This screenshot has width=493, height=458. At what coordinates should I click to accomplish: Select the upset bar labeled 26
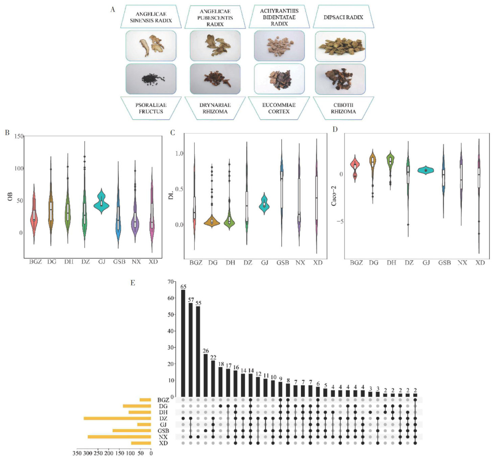[206, 375]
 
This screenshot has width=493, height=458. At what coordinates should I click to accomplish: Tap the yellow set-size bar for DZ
[117, 418]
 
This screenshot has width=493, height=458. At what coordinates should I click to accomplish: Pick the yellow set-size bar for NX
[119, 437]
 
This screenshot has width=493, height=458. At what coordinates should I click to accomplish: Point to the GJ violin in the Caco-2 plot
[426, 170]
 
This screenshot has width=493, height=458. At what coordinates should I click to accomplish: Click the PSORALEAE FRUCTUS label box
[151, 108]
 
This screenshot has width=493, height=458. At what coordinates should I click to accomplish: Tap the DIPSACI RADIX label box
[343, 17]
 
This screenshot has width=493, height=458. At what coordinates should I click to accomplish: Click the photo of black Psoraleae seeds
[151, 79]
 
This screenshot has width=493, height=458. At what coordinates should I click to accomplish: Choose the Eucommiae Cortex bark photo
[279, 79]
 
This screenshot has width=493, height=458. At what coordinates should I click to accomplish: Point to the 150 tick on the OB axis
[19, 136]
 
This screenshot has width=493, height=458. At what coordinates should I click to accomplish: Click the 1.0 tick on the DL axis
[179, 153]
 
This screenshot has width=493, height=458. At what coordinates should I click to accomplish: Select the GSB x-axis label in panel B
[119, 262]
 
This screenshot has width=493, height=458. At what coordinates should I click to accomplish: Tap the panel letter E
[133, 283]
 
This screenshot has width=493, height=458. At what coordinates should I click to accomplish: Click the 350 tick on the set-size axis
[77, 453]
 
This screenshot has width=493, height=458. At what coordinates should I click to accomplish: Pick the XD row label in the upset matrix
[163, 443]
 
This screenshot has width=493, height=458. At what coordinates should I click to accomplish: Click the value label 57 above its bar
[191, 300]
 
